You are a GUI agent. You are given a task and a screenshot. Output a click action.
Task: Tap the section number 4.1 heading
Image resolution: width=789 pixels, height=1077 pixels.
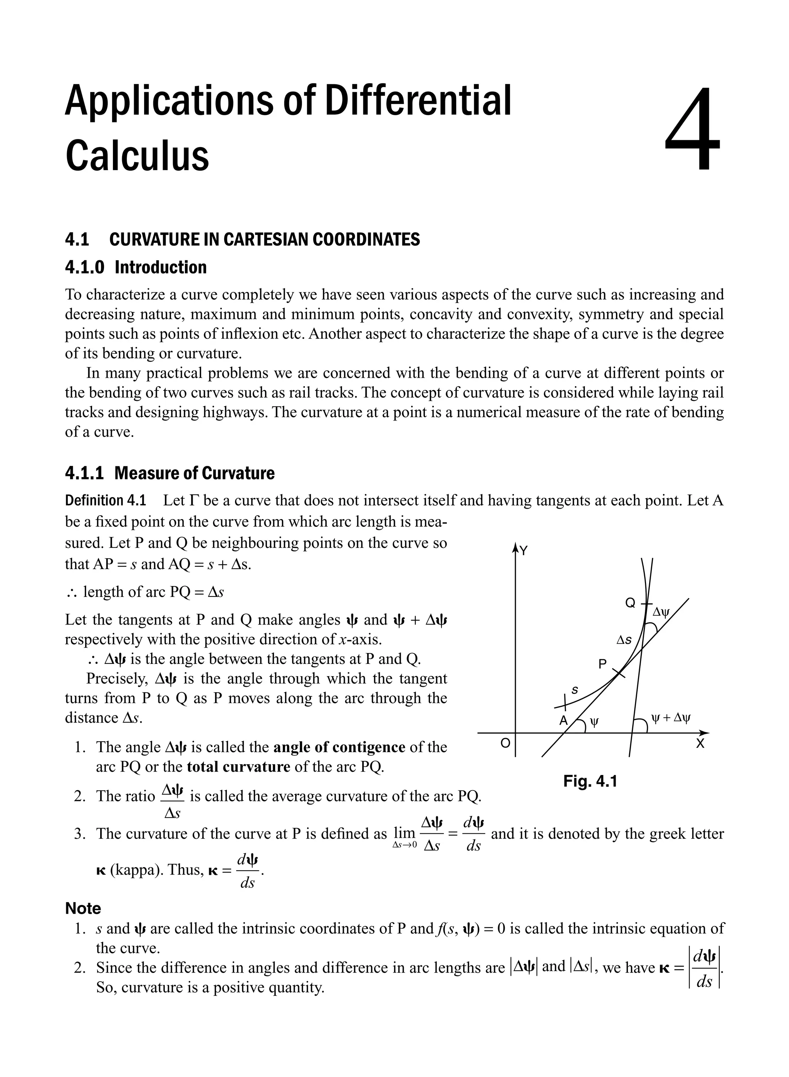coord(77,240)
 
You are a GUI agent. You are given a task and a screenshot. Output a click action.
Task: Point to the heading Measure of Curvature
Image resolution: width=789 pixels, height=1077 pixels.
coord(195,473)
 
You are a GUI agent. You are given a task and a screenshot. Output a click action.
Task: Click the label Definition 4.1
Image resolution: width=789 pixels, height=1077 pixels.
coord(105,501)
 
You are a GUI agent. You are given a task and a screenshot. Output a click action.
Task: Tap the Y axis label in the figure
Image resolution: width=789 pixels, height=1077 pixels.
coord(524,551)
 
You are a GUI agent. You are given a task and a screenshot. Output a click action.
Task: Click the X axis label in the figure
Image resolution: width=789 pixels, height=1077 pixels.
coord(700,744)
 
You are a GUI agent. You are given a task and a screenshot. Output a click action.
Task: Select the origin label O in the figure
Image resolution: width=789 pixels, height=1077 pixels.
coord(505,743)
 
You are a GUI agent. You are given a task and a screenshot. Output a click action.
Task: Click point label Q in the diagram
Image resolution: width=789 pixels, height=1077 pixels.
coord(630,603)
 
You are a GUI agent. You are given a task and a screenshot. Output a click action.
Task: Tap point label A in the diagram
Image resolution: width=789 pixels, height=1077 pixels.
coord(564,721)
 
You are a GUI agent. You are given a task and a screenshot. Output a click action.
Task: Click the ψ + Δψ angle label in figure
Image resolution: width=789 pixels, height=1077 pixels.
coord(671,717)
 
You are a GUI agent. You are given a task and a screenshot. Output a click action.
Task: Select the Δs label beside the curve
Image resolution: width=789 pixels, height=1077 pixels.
coord(624,640)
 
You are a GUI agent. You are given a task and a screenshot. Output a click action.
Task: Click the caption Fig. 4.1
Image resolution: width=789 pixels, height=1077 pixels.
coord(590,782)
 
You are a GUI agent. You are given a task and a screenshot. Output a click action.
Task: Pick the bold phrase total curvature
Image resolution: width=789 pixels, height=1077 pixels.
coord(238,767)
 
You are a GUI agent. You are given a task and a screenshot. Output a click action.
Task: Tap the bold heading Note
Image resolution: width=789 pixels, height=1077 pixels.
coord(83,908)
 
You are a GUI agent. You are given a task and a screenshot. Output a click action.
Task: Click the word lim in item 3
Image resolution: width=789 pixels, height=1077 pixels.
coord(404,832)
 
